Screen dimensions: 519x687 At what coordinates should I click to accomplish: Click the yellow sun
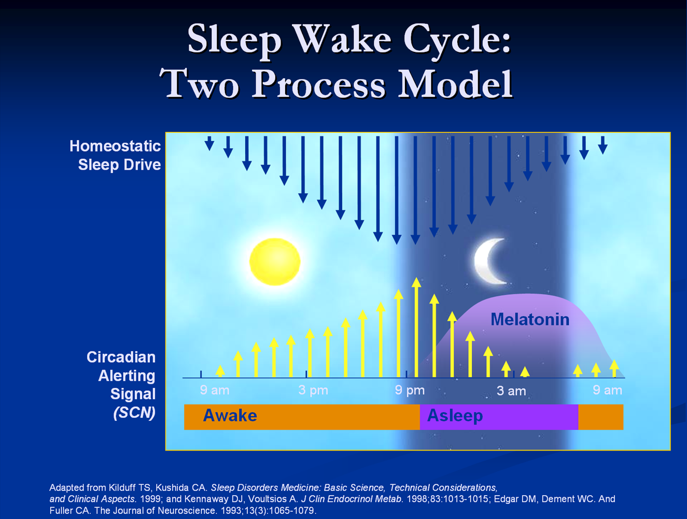tap(275, 262)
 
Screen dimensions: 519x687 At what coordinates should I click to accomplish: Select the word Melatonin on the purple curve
tap(529, 319)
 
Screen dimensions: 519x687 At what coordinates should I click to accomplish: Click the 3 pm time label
tap(313, 390)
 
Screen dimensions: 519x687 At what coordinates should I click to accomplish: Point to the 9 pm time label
tap(410, 390)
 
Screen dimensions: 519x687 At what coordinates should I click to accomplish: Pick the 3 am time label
tap(511, 391)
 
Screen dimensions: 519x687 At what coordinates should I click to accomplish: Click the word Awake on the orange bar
tap(230, 415)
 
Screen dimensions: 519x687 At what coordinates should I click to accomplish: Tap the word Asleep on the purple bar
tap(455, 416)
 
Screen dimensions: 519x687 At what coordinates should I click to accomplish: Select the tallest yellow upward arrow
tap(416, 327)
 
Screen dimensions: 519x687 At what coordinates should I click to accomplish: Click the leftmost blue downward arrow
tap(209, 143)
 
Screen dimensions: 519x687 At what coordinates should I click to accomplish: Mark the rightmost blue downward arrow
tap(602, 145)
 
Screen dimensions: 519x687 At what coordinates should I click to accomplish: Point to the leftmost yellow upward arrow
tap(220, 371)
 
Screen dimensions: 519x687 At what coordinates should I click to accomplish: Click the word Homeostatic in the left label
tap(115, 146)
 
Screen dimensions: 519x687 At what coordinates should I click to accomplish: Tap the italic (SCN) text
tap(134, 413)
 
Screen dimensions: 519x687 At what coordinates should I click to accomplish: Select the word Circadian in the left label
tap(121, 357)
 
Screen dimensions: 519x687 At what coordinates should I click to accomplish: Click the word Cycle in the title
tap(457, 39)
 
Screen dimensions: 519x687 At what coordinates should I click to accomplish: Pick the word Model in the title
tap(456, 84)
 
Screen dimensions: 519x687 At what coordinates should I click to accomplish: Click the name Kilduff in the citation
tap(122, 487)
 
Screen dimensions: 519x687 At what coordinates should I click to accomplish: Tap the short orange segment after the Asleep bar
tap(600, 417)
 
